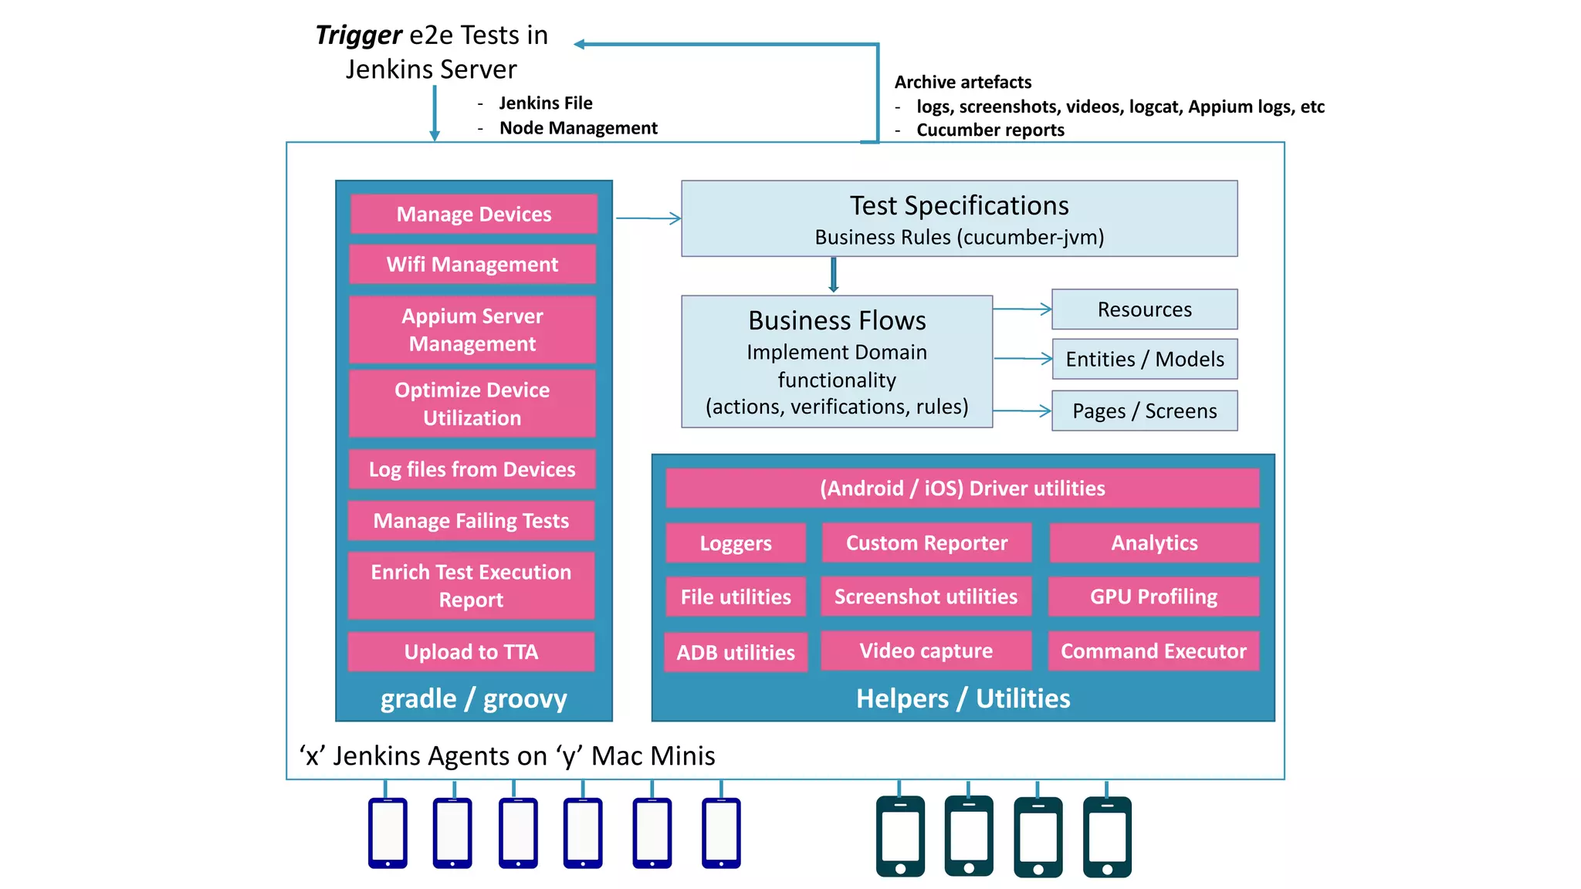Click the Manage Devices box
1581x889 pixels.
pos(474,214)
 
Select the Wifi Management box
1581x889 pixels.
pos(472,264)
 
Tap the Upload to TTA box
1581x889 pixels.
pos(472,652)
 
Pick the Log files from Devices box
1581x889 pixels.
pos(472,469)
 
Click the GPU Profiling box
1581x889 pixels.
pos(1153,597)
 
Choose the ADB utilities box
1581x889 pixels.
pos(736,653)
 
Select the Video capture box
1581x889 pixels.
pos(926,651)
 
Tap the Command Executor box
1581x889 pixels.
pos(1153,651)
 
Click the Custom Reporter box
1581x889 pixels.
pos(927,543)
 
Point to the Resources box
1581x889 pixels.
pos(1145,309)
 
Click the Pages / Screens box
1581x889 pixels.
pos(1145,411)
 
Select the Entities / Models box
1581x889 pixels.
pos(1145,359)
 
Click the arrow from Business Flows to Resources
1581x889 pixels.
pos(1022,309)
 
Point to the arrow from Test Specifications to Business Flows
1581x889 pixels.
pos(834,275)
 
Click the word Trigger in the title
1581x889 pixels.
pos(358,35)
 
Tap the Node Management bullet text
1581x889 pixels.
pos(578,128)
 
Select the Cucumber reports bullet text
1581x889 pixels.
pos(990,130)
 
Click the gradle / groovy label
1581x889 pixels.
pos(474,698)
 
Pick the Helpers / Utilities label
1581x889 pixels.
pos(963,698)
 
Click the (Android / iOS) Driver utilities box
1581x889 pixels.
pos(963,488)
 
